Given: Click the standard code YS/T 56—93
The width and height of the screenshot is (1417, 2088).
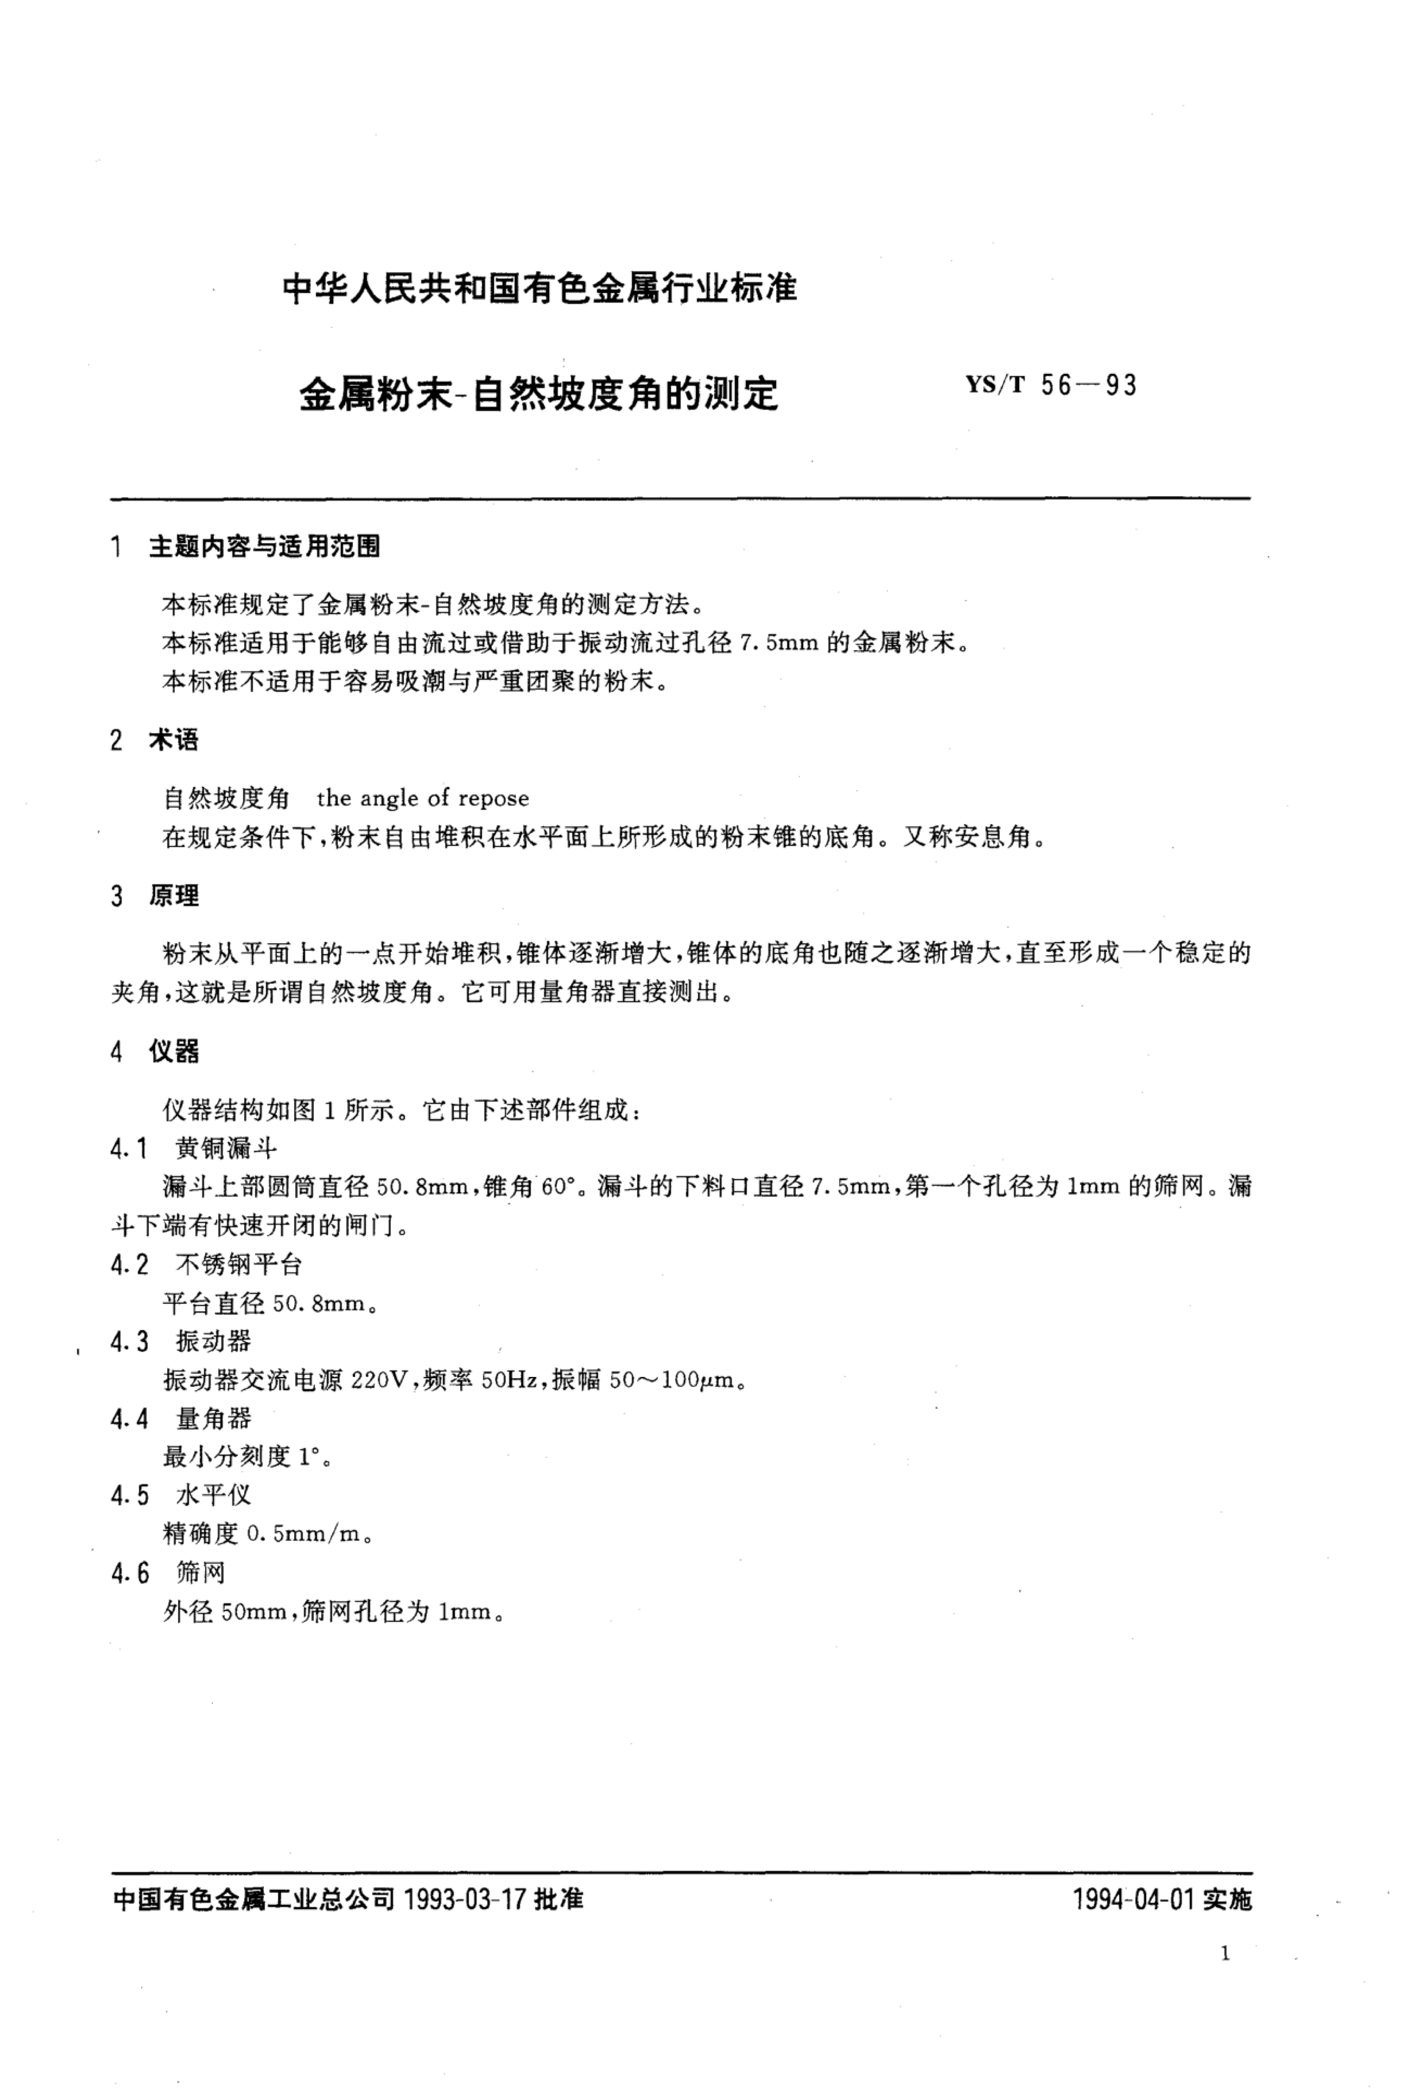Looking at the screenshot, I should (1050, 386).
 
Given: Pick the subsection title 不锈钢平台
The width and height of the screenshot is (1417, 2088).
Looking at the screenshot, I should (239, 1265).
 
